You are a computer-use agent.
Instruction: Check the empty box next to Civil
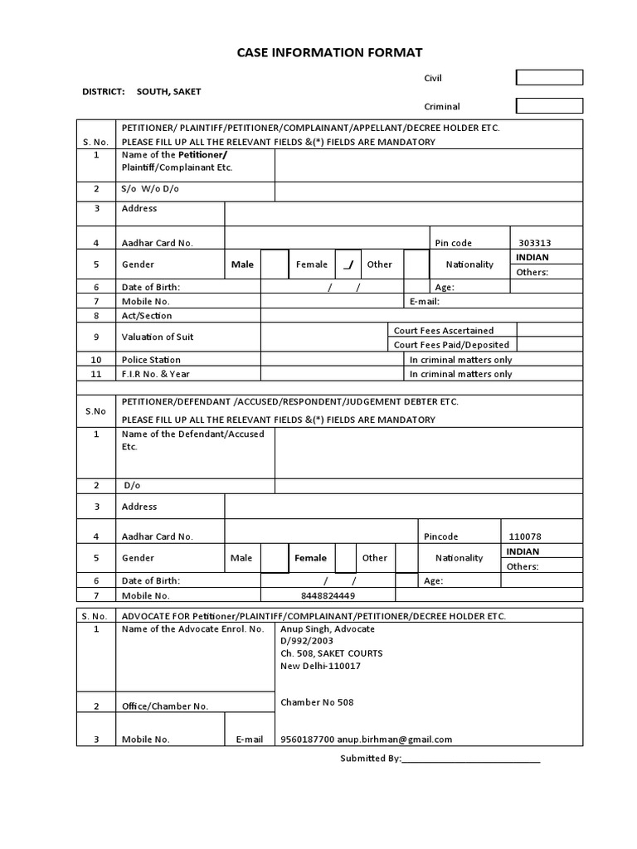coord(549,78)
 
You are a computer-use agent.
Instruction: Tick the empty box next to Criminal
coord(549,106)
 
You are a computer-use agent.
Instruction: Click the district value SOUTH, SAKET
coord(169,91)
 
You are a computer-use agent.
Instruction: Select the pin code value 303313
coord(535,243)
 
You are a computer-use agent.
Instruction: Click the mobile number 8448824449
coord(328,595)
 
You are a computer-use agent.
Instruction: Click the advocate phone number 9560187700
coord(308,740)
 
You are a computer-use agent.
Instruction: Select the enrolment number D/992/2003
coord(308,641)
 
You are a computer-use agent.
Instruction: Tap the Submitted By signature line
coord(470,759)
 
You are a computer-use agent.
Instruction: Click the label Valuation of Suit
coord(158,337)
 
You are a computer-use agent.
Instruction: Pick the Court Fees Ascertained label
coord(444,330)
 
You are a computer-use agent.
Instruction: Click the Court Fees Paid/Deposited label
coord(451,344)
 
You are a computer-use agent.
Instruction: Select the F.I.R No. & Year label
coord(154,374)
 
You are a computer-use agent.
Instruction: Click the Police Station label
coord(151,360)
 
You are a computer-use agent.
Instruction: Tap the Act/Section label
coord(147,316)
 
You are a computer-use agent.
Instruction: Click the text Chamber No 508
coord(317,702)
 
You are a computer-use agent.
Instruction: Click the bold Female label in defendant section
coord(311,558)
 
